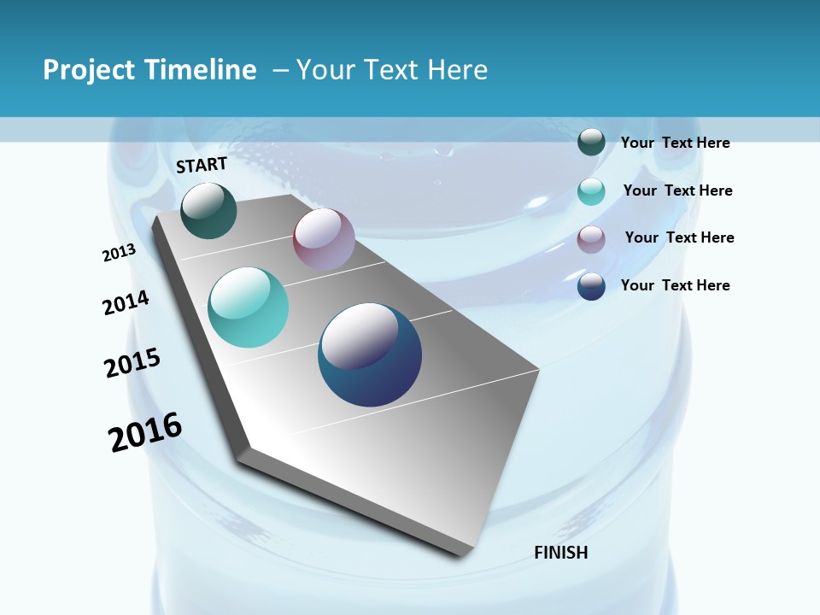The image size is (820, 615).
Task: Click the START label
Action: (202, 165)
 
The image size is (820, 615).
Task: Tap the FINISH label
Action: (561, 553)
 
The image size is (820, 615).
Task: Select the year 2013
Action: (119, 253)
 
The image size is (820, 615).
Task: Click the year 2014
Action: (126, 302)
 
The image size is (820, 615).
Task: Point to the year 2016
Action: (145, 432)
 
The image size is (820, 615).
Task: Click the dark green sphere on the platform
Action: (208, 211)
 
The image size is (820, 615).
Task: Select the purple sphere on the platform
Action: (324, 238)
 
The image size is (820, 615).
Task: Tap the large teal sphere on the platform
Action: (249, 307)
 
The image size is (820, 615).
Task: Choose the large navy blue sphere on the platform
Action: (370, 354)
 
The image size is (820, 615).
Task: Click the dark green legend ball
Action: (591, 142)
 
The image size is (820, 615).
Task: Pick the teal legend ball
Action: (591, 191)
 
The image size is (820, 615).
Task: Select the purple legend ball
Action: (591, 239)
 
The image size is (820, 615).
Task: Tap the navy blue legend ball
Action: (591, 286)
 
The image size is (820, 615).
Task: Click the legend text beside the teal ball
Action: (677, 190)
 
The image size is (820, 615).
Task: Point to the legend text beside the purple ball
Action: (679, 237)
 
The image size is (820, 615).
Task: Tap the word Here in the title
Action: (457, 70)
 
